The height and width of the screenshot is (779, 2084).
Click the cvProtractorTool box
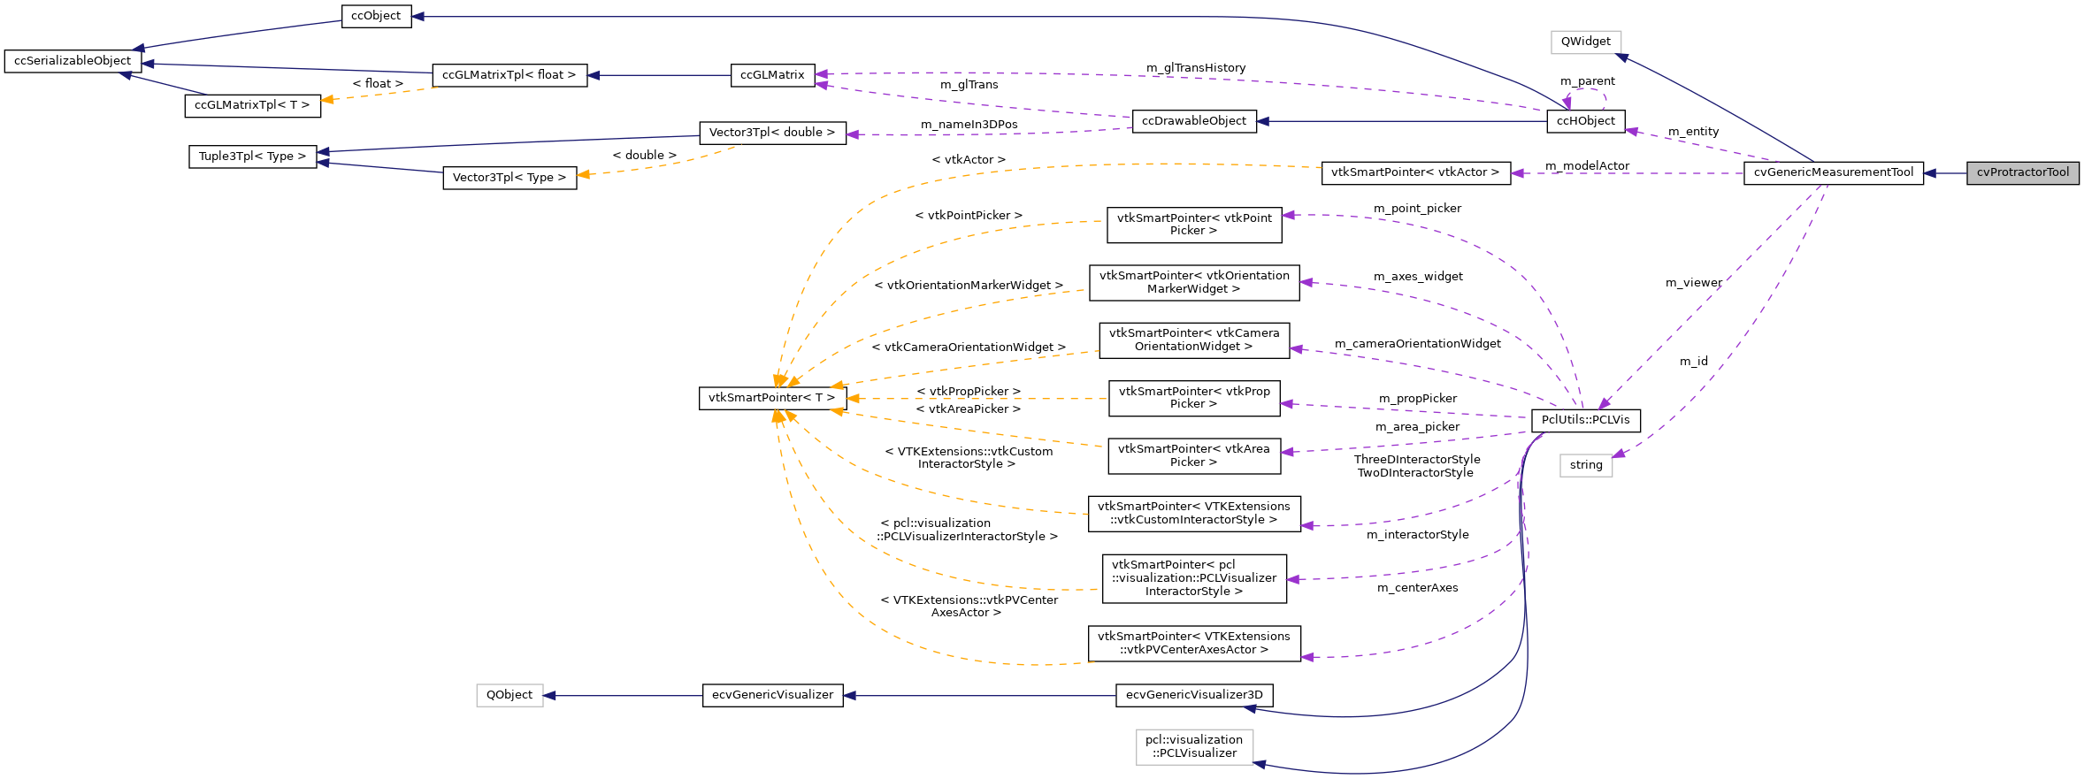point(2022,172)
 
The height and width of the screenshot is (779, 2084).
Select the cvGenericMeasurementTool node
point(1833,172)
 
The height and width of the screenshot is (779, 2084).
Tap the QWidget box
point(1585,42)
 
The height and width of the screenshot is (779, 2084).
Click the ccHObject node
point(1585,121)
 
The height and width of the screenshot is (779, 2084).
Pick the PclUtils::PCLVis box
point(1585,420)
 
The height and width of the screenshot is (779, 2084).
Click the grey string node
point(1585,465)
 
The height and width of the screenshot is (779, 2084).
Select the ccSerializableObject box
point(73,61)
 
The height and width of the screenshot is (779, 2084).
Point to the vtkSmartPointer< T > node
point(771,398)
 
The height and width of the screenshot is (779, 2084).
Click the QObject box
point(510,695)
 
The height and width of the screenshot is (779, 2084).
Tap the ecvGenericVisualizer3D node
point(1194,695)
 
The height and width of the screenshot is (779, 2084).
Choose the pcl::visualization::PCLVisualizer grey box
point(1194,746)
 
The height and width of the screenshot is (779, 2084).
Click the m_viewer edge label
point(1693,283)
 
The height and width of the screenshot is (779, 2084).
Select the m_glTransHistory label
point(1195,68)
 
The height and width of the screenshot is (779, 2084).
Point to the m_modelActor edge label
point(1587,166)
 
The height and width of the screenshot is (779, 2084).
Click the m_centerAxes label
point(1417,588)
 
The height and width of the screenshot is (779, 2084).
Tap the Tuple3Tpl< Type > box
point(252,157)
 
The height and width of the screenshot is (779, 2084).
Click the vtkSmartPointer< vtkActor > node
point(1414,172)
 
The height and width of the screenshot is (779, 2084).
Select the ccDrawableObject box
point(1193,121)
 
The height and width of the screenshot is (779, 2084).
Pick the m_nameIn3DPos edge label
point(969,125)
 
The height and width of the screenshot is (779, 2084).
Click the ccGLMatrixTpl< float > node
point(509,75)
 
